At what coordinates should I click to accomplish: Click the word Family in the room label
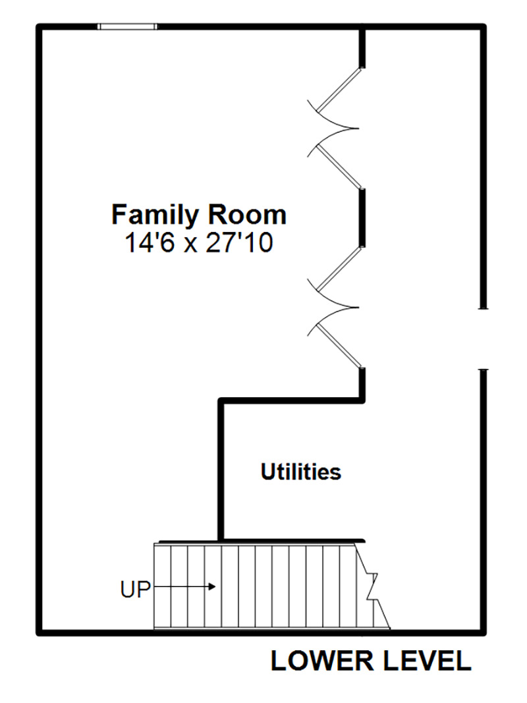155,216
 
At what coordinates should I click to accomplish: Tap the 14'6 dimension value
150,244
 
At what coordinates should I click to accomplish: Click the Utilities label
301,472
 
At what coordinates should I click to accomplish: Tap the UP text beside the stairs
135,589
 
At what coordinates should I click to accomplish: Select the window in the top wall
128,26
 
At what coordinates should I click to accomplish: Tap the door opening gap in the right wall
483,339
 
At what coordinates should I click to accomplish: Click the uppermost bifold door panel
339,90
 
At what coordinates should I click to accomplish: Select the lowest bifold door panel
339,345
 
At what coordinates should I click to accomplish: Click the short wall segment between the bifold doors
362,218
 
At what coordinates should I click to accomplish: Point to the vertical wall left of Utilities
221,469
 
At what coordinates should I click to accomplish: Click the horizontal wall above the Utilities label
291,400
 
